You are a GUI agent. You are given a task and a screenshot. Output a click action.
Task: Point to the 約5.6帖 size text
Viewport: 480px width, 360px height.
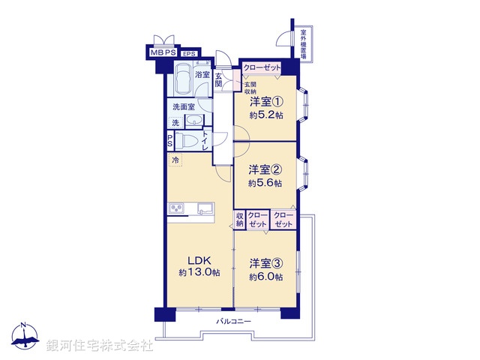266,183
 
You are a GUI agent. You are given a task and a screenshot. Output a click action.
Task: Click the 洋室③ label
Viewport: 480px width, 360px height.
266,263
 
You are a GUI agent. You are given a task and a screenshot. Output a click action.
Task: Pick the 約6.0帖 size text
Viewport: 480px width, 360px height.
267,277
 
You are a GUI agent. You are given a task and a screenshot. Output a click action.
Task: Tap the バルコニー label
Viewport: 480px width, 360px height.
233,322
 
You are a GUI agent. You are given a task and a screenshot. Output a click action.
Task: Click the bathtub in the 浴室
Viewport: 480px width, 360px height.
184,79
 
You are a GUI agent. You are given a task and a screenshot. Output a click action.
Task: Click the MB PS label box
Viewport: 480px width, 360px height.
163,53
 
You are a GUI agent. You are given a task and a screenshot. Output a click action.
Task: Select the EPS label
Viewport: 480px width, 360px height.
190,54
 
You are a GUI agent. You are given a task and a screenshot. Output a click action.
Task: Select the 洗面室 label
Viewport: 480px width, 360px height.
183,107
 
